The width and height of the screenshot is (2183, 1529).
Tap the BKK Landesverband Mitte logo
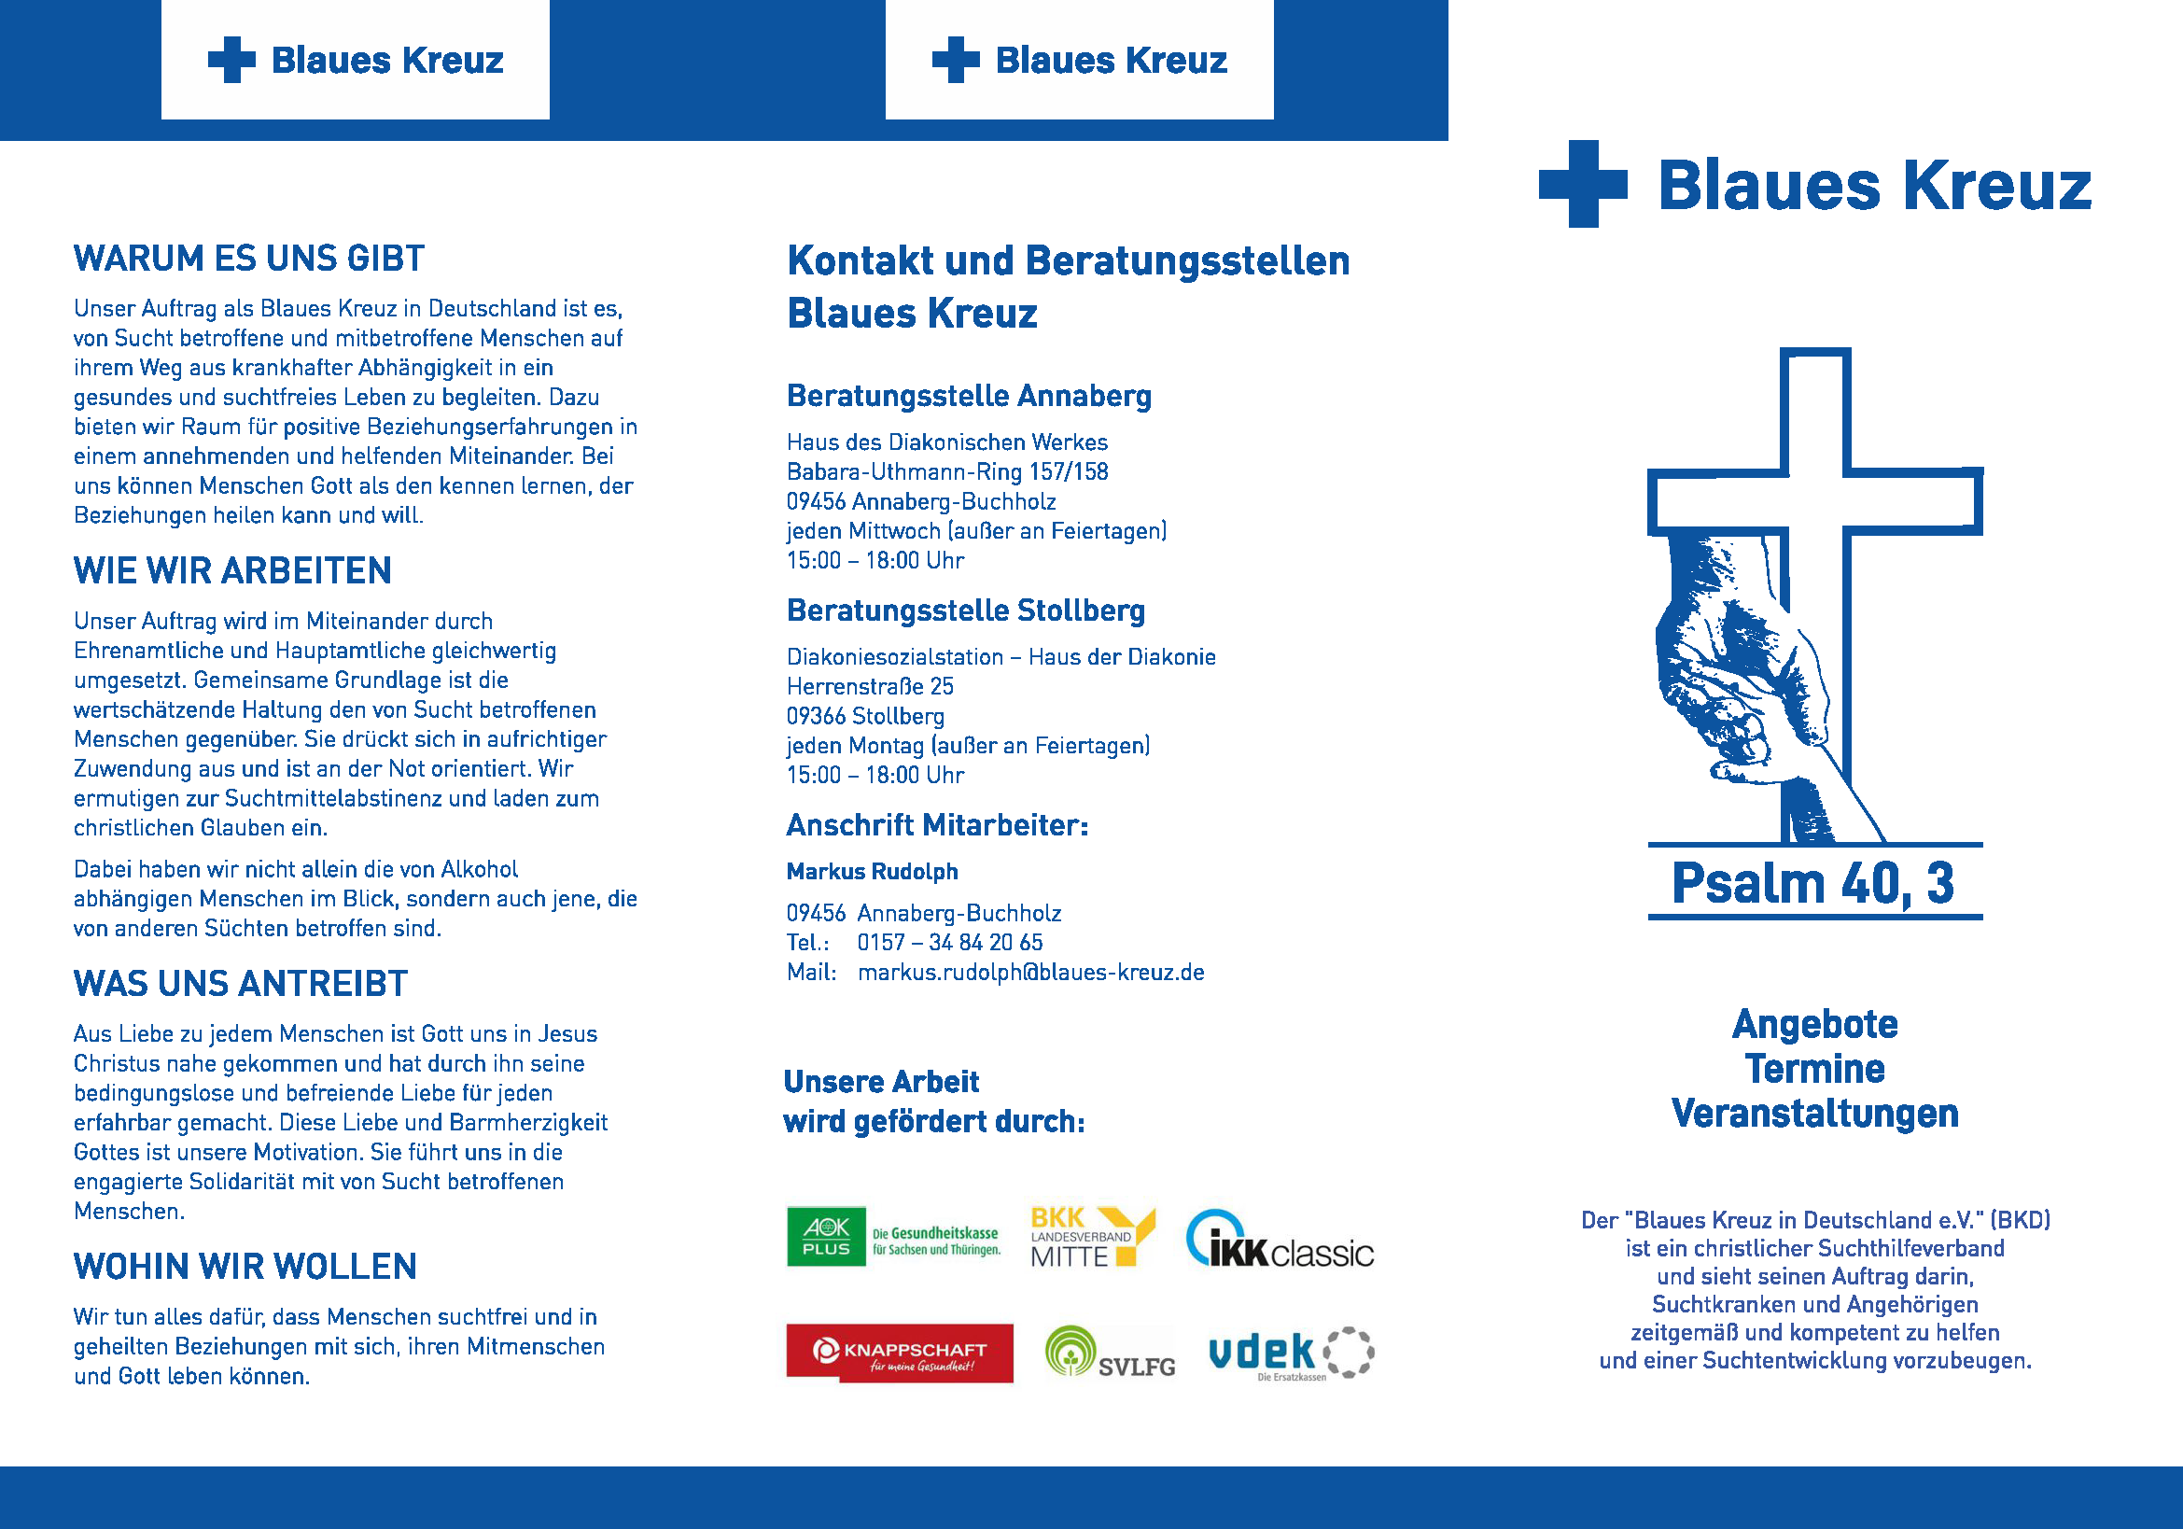(1093, 1237)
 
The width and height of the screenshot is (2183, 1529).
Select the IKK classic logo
(1280, 1239)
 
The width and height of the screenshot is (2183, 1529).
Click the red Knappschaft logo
(899, 1353)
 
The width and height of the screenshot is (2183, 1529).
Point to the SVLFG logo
(1110, 1354)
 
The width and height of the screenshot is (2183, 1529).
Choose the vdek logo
(1290, 1354)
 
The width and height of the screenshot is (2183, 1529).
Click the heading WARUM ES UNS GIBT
(249, 259)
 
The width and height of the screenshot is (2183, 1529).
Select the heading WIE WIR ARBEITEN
(233, 570)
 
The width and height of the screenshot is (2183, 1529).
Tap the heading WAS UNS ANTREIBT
(241, 983)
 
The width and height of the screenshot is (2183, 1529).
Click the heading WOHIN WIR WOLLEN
(245, 1267)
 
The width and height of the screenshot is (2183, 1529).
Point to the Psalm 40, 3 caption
(1813, 883)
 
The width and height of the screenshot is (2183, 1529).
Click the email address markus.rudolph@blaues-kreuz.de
(1030, 972)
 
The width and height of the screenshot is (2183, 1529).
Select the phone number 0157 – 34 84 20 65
(950, 942)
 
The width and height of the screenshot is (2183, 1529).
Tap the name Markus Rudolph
(872, 871)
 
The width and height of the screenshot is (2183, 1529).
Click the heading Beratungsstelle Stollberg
(965, 610)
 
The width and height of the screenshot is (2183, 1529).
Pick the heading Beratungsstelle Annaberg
(968, 396)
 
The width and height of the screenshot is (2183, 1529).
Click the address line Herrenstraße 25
(869, 686)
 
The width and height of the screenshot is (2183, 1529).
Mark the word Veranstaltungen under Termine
(1814, 1114)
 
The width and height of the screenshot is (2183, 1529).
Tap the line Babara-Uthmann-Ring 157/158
(947, 471)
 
